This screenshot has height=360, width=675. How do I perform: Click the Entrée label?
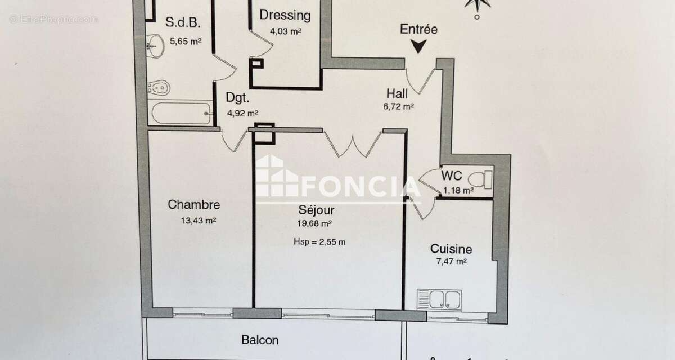point(418,29)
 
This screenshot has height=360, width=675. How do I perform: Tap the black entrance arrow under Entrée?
point(418,47)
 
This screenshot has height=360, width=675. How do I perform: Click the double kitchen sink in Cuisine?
point(439,299)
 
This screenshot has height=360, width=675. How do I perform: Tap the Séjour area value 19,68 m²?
point(313,223)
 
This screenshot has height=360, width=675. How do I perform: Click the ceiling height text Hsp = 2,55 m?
point(319,242)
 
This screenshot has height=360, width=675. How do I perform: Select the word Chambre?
point(193,205)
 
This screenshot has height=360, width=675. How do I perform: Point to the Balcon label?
point(260,340)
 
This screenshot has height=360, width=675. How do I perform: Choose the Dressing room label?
point(285,15)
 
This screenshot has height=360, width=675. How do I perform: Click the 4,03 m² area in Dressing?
point(285,31)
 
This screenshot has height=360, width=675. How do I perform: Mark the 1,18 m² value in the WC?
point(458,190)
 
